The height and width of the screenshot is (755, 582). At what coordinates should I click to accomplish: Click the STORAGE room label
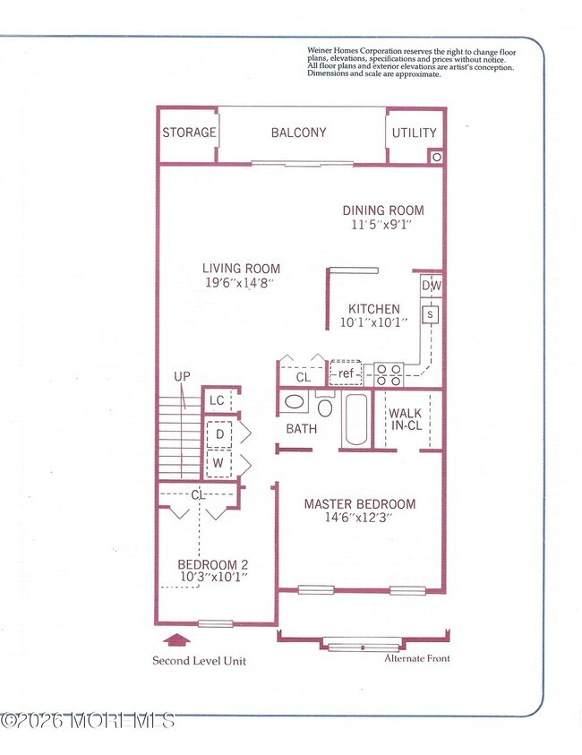tap(189, 133)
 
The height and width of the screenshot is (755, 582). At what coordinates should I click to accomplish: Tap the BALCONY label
tap(299, 133)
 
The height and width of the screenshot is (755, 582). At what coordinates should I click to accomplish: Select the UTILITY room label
tap(415, 133)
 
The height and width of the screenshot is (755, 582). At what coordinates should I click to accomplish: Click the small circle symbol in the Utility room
tap(436, 157)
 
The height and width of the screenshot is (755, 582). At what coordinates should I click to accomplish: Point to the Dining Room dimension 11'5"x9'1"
tap(382, 226)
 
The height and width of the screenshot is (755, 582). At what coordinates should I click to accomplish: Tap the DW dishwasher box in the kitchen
tap(431, 286)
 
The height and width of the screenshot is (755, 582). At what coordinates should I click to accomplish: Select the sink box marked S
tap(431, 314)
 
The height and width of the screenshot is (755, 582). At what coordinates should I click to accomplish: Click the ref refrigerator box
tap(345, 373)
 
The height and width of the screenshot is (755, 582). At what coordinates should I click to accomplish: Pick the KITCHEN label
tap(373, 308)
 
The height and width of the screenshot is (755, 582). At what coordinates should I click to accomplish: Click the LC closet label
tap(217, 401)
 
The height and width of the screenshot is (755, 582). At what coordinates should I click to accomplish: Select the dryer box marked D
tap(218, 434)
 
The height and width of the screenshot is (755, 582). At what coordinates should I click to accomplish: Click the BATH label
tap(302, 429)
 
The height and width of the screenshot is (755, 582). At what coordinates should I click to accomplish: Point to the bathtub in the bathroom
tap(355, 419)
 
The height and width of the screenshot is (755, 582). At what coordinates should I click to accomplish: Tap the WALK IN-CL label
tap(406, 420)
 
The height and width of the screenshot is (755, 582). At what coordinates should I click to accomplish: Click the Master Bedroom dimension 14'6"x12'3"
tap(359, 518)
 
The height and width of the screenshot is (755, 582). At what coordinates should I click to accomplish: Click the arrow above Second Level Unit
tap(180, 639)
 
